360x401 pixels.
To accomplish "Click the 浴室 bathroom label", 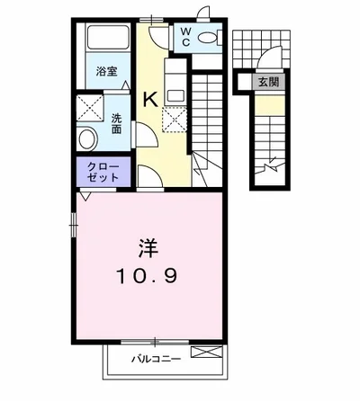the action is click(x=106, y=71).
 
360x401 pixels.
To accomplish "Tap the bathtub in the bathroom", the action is click(x=108, y=37).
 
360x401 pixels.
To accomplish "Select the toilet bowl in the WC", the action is click(x=207, y=38).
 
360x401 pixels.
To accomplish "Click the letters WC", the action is click(x=186, y=36).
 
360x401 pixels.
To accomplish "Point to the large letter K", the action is click(x=150, y=99).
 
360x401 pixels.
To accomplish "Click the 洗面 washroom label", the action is click(x=116, y=123).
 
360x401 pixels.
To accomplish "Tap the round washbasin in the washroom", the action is click(x=87, y=138).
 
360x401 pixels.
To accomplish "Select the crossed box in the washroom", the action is click(x=90, y=108).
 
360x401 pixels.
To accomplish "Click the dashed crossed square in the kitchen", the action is click(x=175, y=120).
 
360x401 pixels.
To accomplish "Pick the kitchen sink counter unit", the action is click(x=175, y=82).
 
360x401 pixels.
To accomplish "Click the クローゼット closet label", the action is click(x=103, y=172).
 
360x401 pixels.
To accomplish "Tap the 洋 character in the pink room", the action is click(x=148, y=248).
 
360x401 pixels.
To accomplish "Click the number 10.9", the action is click(x=147, y=276).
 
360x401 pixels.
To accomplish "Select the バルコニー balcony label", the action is click(x=156, y=359).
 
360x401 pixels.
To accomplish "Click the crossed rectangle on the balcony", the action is click(x=207, y=352).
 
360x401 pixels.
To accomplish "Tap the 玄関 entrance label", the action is click(x=268, y=82).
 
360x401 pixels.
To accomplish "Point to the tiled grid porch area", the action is click(x=261, y=49).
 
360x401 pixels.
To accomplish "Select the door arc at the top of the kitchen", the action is click(x=158, y=37).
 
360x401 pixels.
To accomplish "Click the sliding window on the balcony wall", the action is click(x=155, y=341).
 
